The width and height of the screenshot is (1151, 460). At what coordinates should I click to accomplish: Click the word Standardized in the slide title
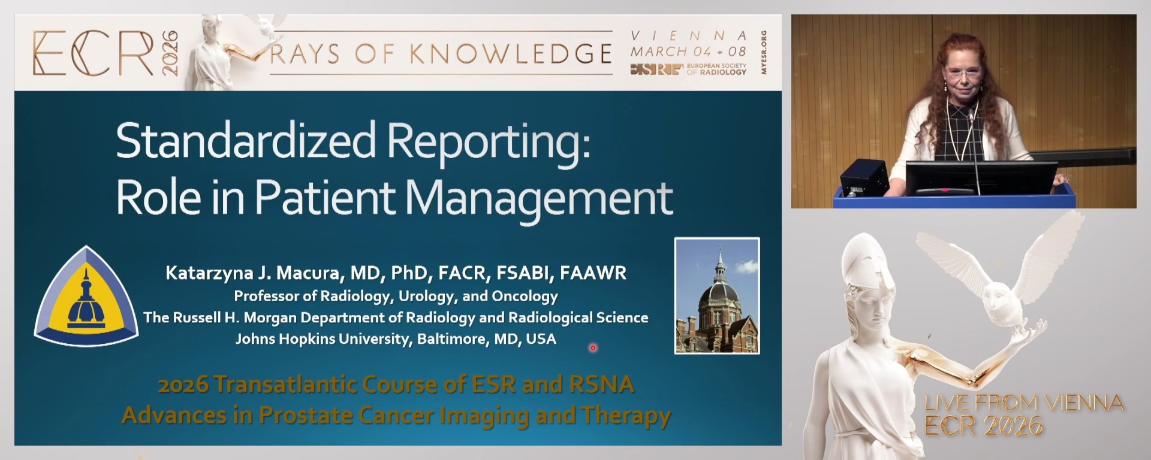[x=246, y=141]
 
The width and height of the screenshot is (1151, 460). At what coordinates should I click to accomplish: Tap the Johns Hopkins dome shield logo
[x=86, y=296]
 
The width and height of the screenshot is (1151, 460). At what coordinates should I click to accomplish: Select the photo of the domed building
[x=717, y=296]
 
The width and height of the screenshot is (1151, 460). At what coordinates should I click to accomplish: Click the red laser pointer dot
[x=593, y=347]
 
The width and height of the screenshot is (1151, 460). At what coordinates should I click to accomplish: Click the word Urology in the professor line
[x=427, y=296]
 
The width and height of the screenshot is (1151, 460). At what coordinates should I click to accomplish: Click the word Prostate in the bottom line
[x=305, y=416]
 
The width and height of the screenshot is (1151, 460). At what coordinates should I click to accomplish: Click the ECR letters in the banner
[x=93, y=53]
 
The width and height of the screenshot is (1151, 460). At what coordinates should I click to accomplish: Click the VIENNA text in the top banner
[x=688, y=36]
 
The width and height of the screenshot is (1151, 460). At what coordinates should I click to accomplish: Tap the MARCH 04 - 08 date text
[x=688, y=52]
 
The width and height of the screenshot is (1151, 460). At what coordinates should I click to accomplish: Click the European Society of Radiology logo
[x=688, y=69]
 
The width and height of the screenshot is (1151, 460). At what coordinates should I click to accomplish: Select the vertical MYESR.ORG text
[x=764, y=53]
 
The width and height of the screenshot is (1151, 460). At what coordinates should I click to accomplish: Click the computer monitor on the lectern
[x=981, y=178]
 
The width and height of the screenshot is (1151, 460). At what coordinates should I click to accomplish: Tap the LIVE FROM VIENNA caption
[x=1023, y=402]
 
